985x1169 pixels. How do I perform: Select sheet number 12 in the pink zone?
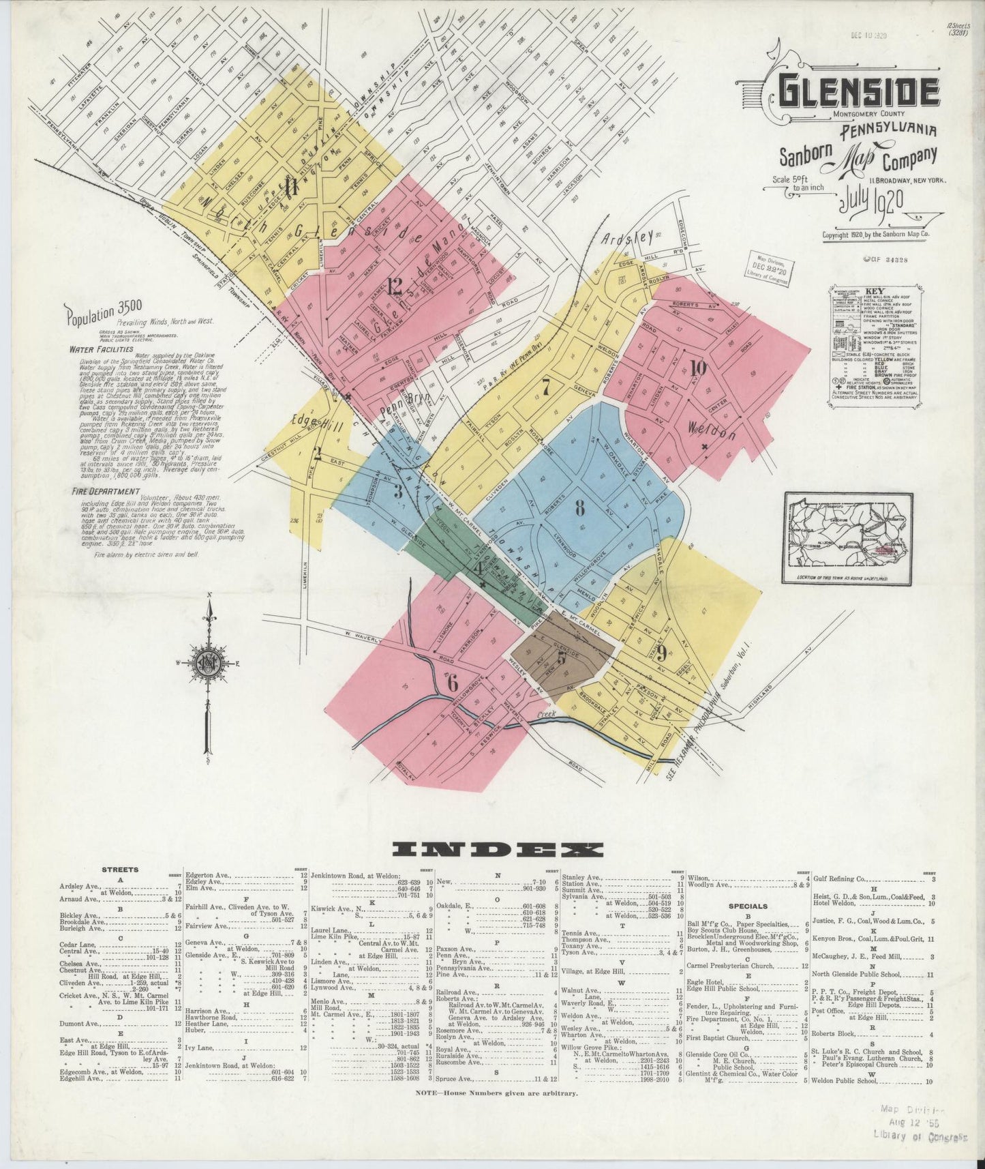(x=394, y=287)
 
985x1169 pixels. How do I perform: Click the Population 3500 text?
(x=104, y=315)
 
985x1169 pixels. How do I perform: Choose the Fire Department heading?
(x=104, y=491)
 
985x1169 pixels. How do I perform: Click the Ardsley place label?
(x=628, y=239)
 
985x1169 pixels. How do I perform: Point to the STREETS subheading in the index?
(x=120, y=870)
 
